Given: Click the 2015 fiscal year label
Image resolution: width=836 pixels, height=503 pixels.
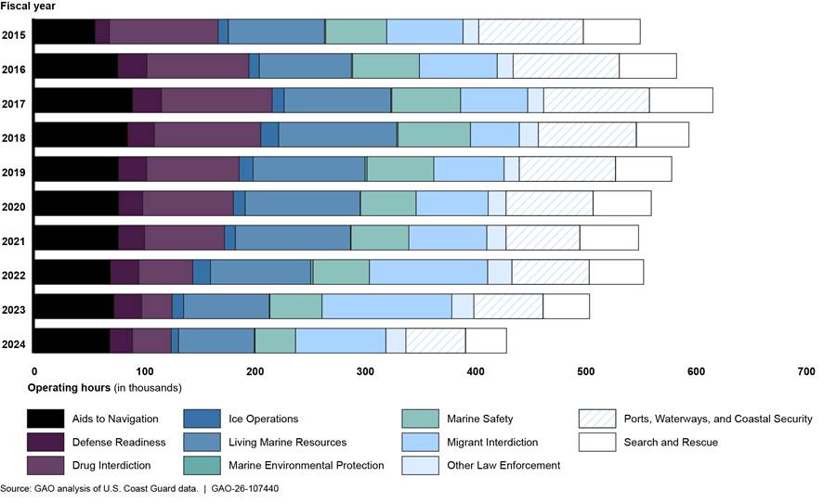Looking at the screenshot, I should pyautogui.click(x=13, y=36).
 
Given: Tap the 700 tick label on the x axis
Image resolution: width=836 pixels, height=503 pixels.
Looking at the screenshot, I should pyautogui.click(x=806, y=371).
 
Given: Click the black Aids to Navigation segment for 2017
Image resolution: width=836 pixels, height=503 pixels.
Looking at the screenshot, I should pyautogui.click(x=83, y=100).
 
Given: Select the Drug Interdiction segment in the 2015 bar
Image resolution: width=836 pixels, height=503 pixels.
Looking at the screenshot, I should pyautogui.click(x=163, y=30).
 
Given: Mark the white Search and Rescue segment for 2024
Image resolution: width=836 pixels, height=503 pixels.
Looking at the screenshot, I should pyautogui.click(x=486, y=341).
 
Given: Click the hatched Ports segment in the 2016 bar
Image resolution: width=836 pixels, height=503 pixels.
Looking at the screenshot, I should pyautogui.click(x=566, y=65).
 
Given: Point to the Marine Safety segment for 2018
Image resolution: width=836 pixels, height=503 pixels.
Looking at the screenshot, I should pyautogui.click(x=434, y=134).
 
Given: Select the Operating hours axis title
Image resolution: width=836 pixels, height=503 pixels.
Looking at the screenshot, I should pyautogui.click(x=104, y=387).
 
